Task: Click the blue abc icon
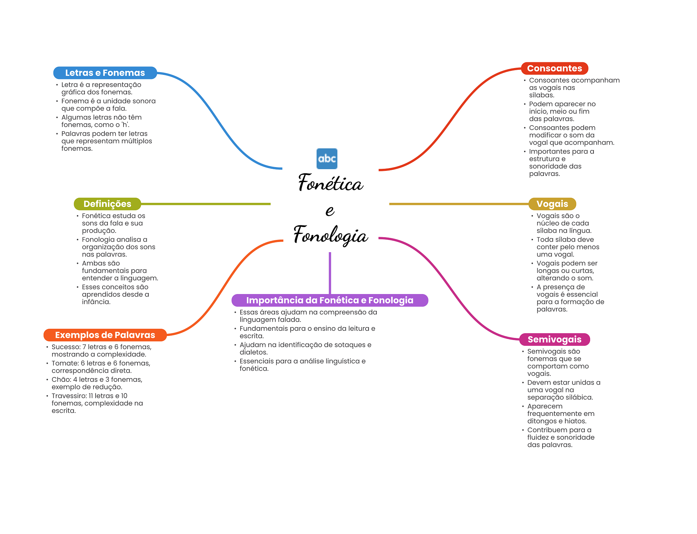pos(327,159)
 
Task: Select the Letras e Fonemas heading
pos(105,73)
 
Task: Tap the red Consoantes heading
pos(554,68)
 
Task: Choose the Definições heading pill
pos(107,204)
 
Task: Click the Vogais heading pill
pos(552,204)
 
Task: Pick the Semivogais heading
pos(554,339)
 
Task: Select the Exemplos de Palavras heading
pos(105,335)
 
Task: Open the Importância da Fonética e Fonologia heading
pos(329,300)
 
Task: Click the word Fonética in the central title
pos(331,183)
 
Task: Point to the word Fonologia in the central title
pos(331,235)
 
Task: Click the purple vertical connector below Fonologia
pos(330,272)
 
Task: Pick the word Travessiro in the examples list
pos(69,396)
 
